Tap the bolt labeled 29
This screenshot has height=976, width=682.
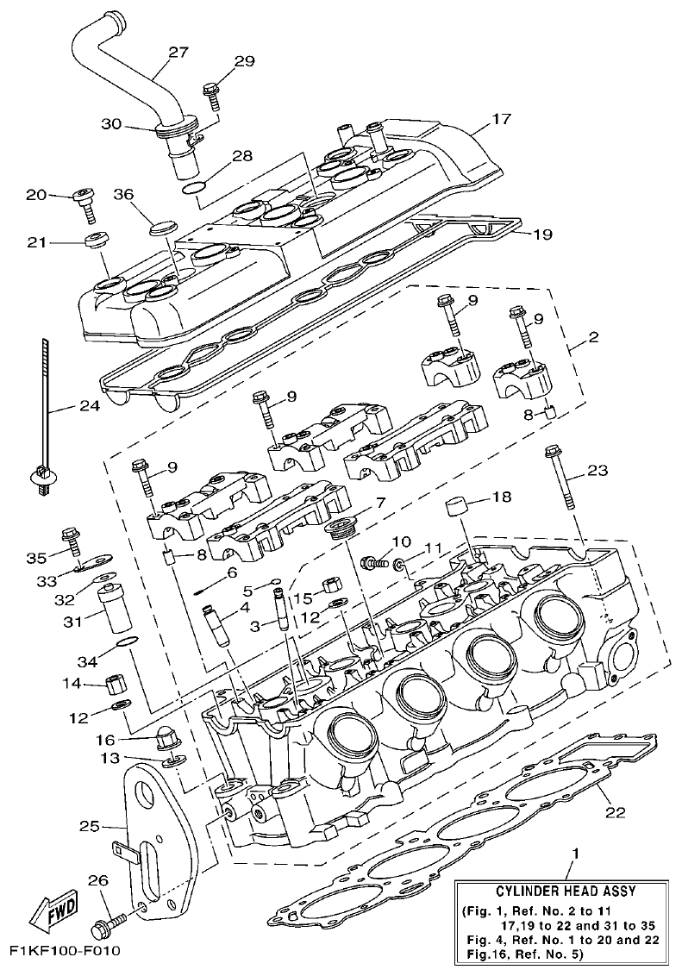[210, 91]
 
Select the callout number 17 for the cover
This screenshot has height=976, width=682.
[502, 121]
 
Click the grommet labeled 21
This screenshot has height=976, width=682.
[94, 238]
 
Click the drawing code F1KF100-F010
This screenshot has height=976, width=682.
[64, 951]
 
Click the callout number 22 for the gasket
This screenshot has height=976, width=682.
[615, 811]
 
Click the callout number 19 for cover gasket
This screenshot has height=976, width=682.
[543, 234]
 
